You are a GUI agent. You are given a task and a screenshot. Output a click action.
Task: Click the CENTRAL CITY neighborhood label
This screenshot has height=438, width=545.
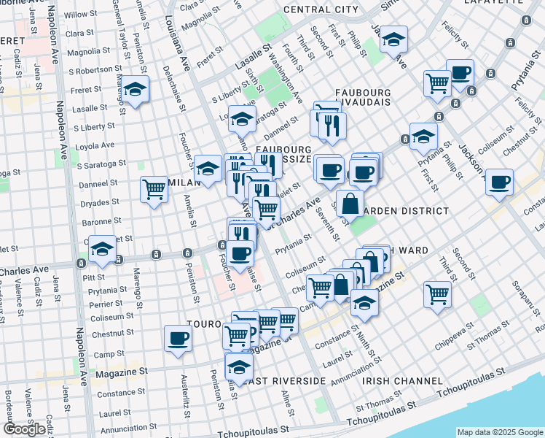pos(321,9)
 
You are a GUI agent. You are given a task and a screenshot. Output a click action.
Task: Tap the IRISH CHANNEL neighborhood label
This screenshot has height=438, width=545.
pos(402,381)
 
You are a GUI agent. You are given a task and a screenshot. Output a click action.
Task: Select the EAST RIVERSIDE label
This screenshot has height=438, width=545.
pos(285,381)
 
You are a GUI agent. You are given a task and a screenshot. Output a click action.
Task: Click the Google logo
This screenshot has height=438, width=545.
pos(23,429)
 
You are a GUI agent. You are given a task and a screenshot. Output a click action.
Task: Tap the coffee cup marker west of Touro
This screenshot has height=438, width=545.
pos(179,338)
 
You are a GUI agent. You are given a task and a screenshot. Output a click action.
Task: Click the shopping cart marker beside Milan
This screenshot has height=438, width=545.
pos(154,189)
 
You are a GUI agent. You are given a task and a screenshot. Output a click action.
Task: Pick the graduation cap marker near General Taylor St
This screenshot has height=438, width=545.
pos(135,88)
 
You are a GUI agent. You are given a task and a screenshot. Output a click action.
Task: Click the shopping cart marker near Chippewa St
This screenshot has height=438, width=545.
pos(437,294)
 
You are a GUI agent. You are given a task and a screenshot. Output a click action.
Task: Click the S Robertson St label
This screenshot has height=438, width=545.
pos(90,71)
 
